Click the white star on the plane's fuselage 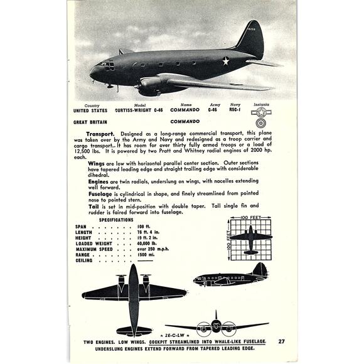226,61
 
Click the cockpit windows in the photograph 105,65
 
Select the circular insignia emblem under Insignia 259,114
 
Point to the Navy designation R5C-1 235,110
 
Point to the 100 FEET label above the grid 252,217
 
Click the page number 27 282,341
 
